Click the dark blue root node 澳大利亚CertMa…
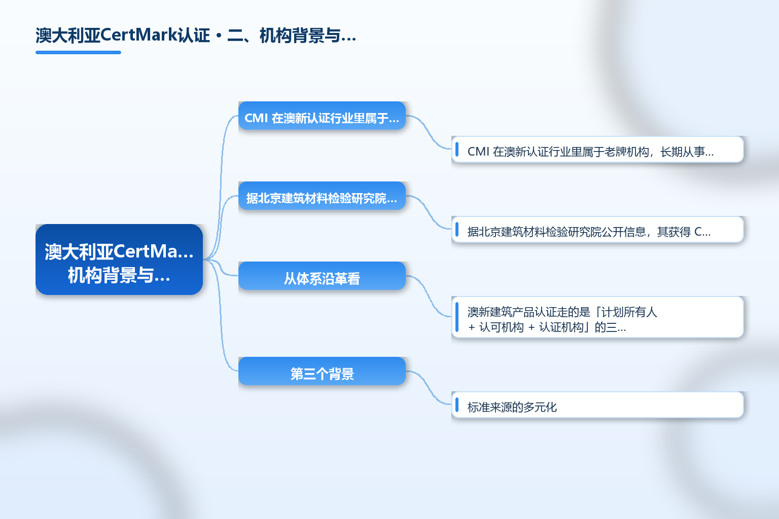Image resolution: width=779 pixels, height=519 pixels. click(x=119, y=259)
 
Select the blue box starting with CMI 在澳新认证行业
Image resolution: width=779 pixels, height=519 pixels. click(x=322, y=116)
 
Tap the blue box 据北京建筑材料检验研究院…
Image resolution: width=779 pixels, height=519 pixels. click(x=322, y=196)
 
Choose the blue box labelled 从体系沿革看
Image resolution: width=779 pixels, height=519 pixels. click(x=322, y=276)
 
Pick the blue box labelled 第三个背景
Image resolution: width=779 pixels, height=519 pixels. click(x=322, y=371)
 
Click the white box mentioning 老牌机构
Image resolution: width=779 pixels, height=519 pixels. click(x=597, y=150)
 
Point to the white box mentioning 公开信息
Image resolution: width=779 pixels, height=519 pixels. click(x=597, y=230)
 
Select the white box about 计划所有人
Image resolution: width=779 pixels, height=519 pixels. click(x=597, y=317)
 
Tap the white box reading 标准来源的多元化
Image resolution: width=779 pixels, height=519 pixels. click(x=597, y=404)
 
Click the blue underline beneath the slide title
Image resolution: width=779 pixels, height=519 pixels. click(x=78, y=53)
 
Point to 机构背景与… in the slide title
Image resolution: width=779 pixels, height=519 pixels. click(x=308, y=35)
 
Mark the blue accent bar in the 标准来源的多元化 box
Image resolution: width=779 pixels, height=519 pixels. click(x=457, y=404)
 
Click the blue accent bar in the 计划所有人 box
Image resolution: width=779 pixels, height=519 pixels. click(x=457, y=317)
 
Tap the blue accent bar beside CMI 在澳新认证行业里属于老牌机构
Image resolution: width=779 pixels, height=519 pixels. click(x=457, y=150)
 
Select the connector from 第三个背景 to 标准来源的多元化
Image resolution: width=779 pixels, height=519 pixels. click(x=429, y=388)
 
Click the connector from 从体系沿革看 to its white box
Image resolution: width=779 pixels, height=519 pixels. click(x=429, y=296)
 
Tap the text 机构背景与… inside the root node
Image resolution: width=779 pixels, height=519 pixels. click(x=119, y=275)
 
